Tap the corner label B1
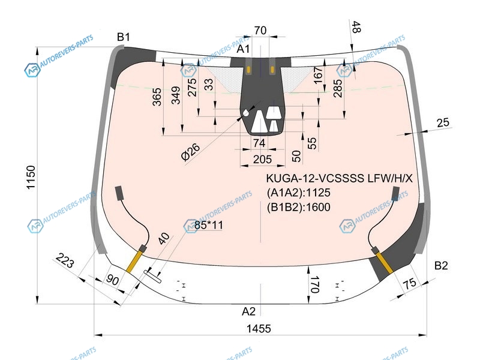pyautogui.click(x=123, y=37)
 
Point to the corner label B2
pyautogui.click(x=441, y=265)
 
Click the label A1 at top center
pyautogui.click(x=244, y=49)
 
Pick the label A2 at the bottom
pyautogui.click(x=248, y=311)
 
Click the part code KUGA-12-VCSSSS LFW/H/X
pyautogui.click(x=340, y=178)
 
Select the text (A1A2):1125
pyautogui.click(x=298, y=193)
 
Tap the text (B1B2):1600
pyautogui.click(x=298, y=207)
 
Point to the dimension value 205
pyautogui.click(x=260, y=159)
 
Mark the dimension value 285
pyautogui.click(x=337, y=91)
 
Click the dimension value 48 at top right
pyautogui.click(x=356, y=27)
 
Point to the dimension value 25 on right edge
pyautogui.click(x=443, y=123)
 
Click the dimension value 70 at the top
pyautogui.click(x=260, y=31)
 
